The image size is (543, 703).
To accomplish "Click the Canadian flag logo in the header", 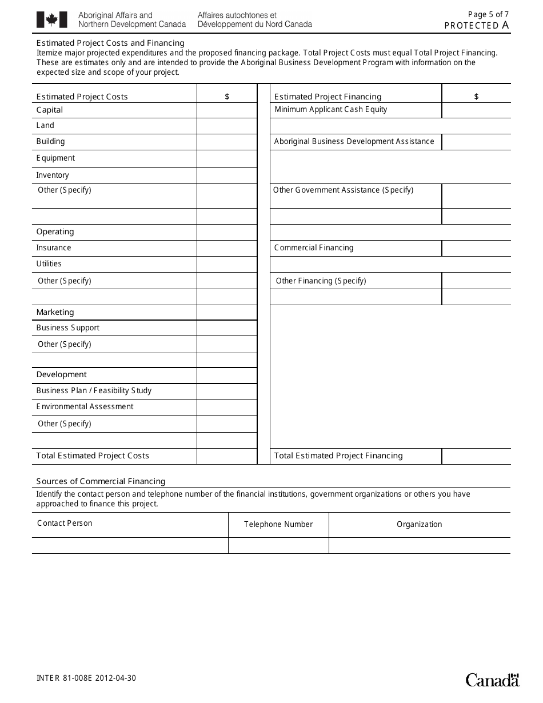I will (52, 20).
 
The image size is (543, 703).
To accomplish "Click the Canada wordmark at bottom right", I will (492, 680).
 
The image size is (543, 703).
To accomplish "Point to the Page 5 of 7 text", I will (488, 15).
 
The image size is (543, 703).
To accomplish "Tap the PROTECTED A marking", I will (477, 25).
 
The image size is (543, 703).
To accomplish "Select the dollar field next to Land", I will (227, 126).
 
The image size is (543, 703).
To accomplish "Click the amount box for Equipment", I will (227, 159).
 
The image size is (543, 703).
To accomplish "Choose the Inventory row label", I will (53, 175).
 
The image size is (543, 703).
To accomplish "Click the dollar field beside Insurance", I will (227, 248).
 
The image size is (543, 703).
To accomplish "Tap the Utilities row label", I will (49, 264).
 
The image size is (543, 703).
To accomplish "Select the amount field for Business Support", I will (227, 328).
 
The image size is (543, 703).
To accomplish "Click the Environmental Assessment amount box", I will (227, 407).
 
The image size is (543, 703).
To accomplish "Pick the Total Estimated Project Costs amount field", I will (227, 456).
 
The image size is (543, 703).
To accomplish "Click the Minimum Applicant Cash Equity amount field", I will (476, 110).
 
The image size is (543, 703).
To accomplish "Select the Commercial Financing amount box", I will (476, 248).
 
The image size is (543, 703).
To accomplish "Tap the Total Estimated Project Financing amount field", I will (476, 456).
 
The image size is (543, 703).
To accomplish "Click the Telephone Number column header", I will (278, 525).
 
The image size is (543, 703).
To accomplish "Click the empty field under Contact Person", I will (130, 546).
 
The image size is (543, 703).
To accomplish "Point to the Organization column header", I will (420, 525).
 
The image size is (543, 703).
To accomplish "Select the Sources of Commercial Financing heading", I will (101, 481).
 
